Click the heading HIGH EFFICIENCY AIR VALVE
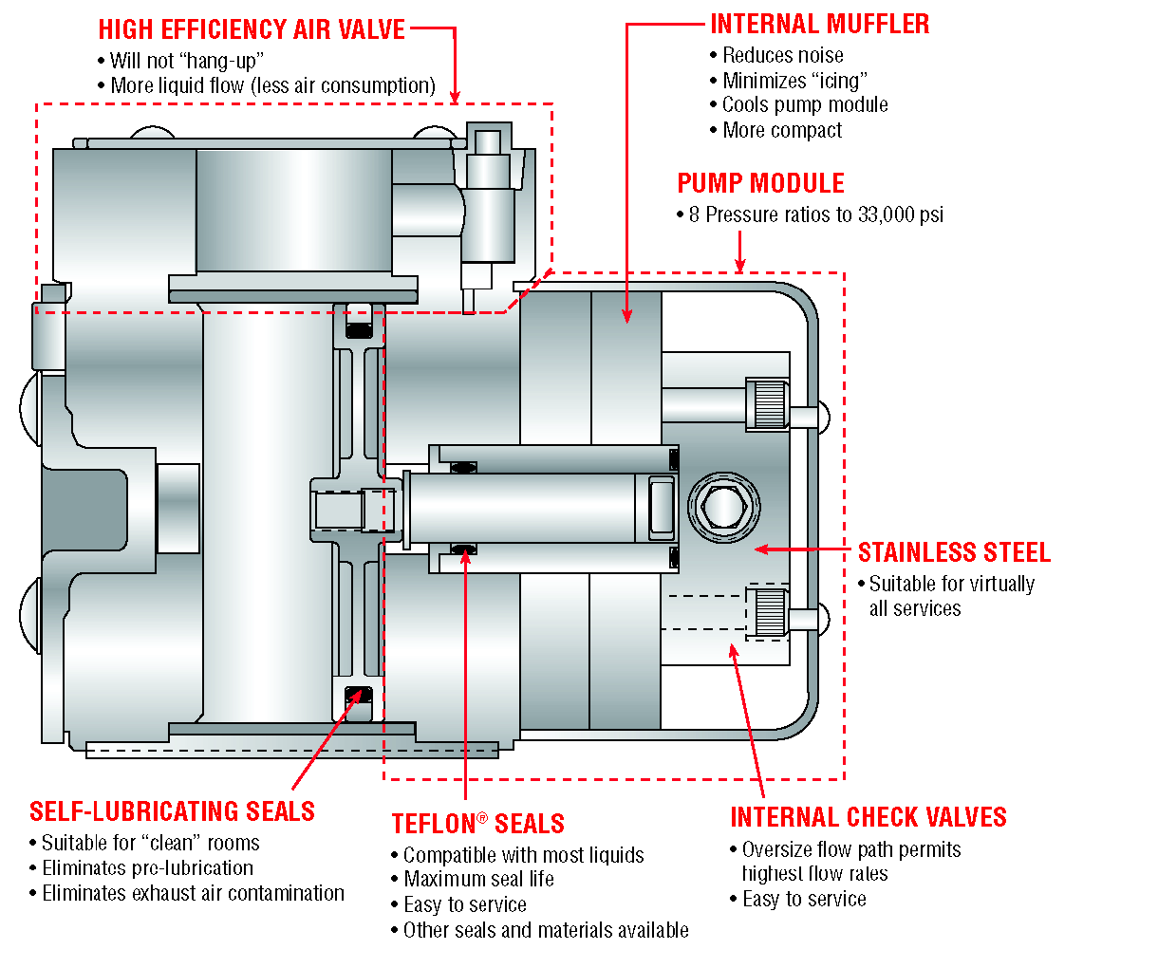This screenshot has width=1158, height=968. pyautogui.click(x=252, y=29)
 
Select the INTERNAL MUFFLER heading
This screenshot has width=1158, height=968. pyautogui.click(x=820, y=24)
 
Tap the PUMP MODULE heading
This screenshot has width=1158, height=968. pyautogui.click(x=760, y=183)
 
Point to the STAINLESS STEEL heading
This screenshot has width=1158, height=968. pyautogui.click(x=954, y=552)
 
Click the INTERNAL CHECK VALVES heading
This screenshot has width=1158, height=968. pyautogui.click(x=868, y=817)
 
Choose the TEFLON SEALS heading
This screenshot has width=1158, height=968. pyautogui.click(x=478, y=824)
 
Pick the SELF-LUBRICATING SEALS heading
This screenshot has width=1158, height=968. pyautogui.click(x=172, y=811)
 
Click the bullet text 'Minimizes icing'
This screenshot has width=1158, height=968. pyautogui.click(x=794, y=81)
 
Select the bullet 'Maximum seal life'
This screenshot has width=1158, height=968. pyautogui.click(x=478, y=880)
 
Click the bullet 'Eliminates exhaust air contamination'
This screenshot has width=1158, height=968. pyautogui.click(x=193, y=893)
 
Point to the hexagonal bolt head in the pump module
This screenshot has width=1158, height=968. pyautogui.click(x=723, y=506)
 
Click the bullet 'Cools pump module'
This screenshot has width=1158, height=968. pyautogui.click(x=805, y=105)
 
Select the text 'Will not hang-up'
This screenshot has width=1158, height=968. pyautogui.click(x=186, y=61)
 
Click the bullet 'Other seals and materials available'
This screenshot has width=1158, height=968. pyautogui.click(x=546, y=930)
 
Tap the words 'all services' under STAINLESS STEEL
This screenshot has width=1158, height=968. pyautogui.click(x=915, y=608)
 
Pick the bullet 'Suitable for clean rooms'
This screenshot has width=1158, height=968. pyautogui.click(x=150, y=843)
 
